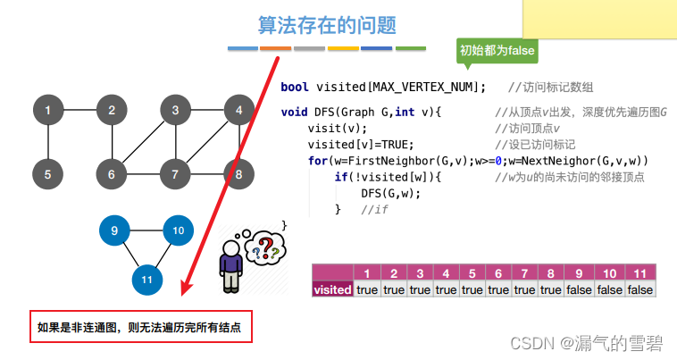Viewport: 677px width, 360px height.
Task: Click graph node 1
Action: coord(48,111)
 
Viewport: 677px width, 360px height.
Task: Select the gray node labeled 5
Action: coord(48,174)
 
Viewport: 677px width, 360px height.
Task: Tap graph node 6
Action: coord(112,174)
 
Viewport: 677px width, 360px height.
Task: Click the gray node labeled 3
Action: coord(176,111)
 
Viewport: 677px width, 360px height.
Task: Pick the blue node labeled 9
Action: coord(114,230)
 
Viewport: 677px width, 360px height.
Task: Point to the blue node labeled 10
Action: coord(178,230)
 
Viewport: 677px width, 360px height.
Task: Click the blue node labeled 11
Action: coord(146,280)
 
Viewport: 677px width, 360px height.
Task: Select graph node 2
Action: coord(112,111)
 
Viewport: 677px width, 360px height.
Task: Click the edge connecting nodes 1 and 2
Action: coord(80,111)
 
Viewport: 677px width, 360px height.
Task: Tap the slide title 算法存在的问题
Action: coord(327,25)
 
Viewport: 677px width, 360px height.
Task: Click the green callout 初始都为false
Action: coord(497,51)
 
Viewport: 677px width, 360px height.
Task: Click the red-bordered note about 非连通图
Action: coord(139,328)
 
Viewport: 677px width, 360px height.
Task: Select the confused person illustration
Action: coord(231,265)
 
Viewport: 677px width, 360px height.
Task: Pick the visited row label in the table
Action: coord(331,289)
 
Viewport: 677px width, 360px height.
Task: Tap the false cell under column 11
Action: coord(639,289)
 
